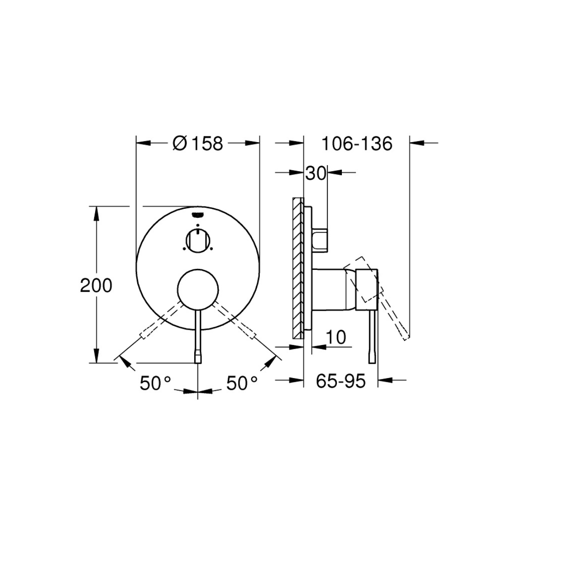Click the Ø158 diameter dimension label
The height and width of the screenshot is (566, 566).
198,144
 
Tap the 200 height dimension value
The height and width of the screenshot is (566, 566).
96,285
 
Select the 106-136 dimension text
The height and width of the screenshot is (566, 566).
357,144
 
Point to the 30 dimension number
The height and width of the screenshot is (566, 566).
316,173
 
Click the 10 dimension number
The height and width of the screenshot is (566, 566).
336,337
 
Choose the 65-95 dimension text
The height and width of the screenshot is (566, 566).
341,381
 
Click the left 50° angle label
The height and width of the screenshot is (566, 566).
155,383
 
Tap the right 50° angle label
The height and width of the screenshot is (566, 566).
242,383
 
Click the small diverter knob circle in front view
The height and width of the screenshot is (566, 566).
198,241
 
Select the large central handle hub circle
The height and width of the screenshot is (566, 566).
198,289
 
